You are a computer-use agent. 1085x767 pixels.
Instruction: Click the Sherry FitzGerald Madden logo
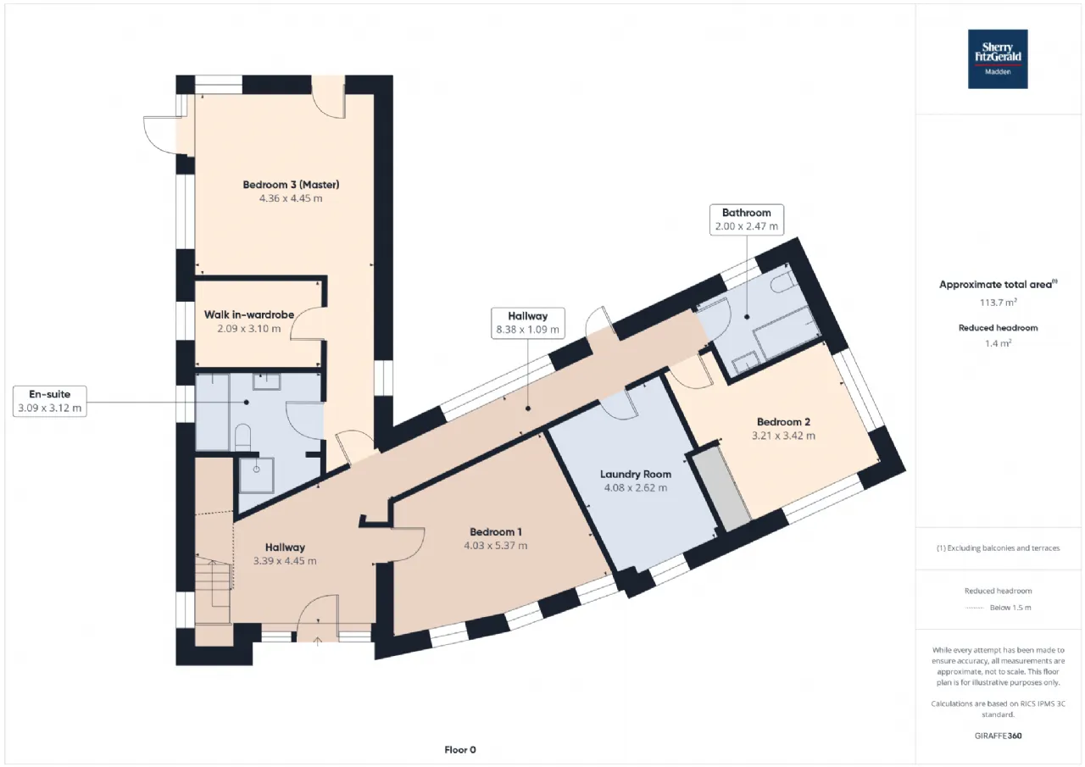tap(998, 59)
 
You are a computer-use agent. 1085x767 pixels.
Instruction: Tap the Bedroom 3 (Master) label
tap(291, 185)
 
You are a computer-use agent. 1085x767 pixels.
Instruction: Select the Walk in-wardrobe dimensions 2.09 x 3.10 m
tap(249, 329)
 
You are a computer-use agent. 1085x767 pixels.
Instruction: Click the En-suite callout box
tap(50, 401)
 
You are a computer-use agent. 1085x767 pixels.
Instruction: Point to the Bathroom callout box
tap(747, 220)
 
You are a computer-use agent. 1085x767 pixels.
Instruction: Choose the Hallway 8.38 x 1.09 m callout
tap(527, 323)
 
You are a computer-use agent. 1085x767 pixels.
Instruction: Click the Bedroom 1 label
tap(495, 531)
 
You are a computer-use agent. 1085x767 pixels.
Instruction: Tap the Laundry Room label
tap(636, 474)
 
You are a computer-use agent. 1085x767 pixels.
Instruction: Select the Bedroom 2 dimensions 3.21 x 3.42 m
tap(783, 436)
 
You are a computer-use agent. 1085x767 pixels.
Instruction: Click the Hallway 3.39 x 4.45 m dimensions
tap(285, 561)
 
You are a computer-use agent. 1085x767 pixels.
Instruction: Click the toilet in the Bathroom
tap(782, 283)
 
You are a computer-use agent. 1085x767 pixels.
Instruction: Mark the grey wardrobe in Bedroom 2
tap(721, 489)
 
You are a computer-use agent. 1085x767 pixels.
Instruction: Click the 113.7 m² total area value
tap(998, 303)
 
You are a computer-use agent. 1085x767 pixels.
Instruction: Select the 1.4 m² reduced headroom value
tap(998, 343)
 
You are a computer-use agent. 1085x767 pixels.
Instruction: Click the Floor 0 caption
tap(460, 749)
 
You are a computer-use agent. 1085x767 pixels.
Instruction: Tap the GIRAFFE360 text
tap(998, 736)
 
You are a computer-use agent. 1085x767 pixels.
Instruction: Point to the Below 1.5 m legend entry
tap(1010, 608)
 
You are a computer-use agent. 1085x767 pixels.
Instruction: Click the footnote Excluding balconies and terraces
tap(998, 548)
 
